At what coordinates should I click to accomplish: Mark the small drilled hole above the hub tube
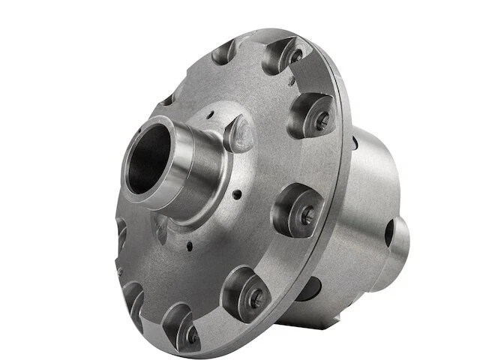coord(211,113)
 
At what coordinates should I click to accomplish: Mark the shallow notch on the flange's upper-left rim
coord(166,100)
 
